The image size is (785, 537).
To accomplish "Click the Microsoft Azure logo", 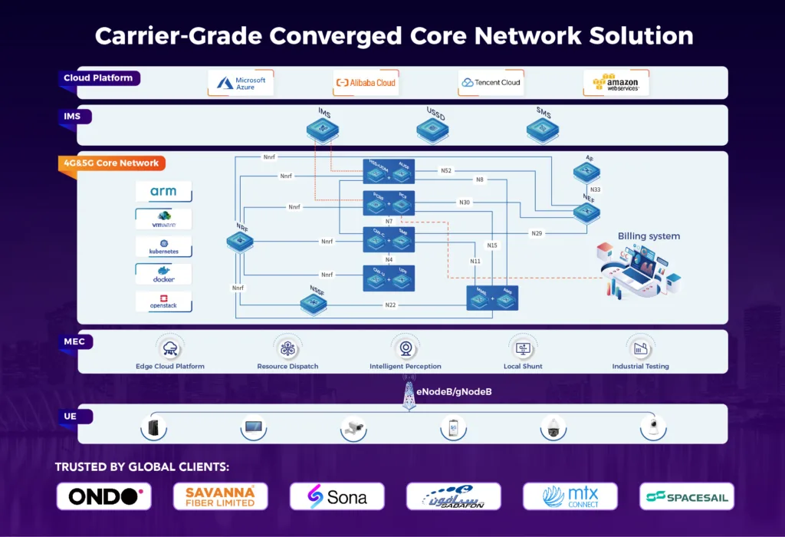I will click(x=241, y=83).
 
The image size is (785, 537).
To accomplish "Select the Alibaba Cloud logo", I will click(x=365, y=83).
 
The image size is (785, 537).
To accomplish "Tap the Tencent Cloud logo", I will click(x=491, y=83).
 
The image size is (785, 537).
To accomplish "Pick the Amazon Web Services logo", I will click(x=616, y=83).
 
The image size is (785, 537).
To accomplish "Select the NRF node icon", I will click(x=239, y=242).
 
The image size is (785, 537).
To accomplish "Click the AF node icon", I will click(x=586, y=173).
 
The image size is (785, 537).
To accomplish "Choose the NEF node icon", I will click(x=587, y=212).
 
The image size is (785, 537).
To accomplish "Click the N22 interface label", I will click(x=390, y=305).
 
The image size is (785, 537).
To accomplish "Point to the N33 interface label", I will click(x=595, y=189).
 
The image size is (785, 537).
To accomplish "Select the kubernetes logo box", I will click(x=163, y=247).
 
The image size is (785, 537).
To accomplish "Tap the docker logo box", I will click(x=163, y=274).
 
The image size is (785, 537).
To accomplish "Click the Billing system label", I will click(x=649, y=236).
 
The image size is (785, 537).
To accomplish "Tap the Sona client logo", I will click(x=337, y=496).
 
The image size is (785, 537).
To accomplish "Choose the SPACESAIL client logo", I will click(x=686, y=496).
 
